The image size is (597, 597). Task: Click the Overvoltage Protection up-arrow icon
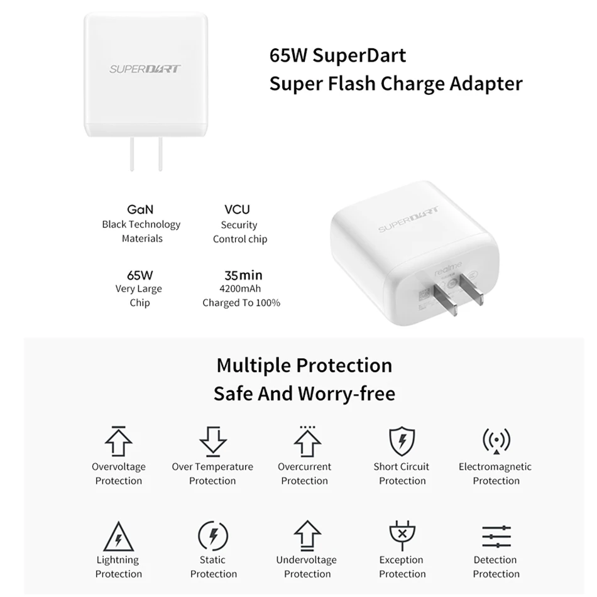[118, 441]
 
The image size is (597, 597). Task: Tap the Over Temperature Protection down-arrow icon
[212, 441]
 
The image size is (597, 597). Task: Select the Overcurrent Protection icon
[307, 441]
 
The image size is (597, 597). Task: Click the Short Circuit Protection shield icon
[402, 441]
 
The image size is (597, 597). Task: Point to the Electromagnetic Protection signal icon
[496, 441]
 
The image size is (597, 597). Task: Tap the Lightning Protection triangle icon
[118, 535]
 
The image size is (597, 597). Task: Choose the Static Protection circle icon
[213, 535]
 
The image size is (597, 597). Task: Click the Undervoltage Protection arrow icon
[307, 535]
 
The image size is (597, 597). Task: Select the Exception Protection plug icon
[402, 535]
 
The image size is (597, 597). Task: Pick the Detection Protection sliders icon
[496, 535]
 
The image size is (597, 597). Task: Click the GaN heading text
[140, 210]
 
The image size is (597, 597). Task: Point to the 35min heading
[243, 275]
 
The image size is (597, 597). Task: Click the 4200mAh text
[241, 289]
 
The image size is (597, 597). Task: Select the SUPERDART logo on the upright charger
[145, 68]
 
